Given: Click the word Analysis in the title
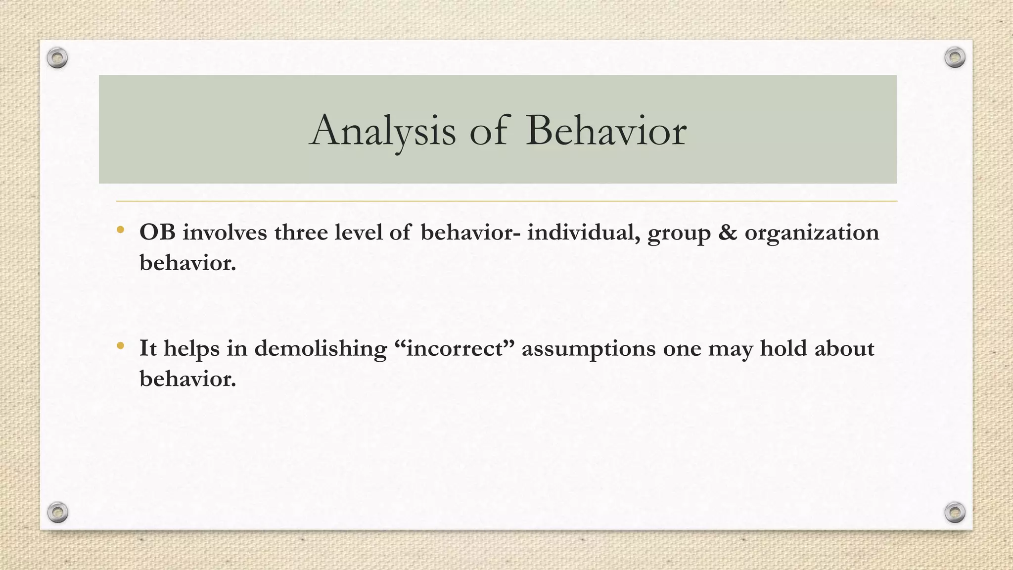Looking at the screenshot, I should [x=382, y=131].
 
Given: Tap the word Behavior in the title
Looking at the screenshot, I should [x=605, y=131].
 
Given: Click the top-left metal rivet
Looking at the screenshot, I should [x=57, y=58].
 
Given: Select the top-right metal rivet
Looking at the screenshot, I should [x=955, y=57].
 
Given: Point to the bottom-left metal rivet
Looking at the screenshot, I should [x=57, y=513].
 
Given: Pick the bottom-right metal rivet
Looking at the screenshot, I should [x=955, y=512].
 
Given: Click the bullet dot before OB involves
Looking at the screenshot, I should [x=120, y=230].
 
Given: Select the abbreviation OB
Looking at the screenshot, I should [x=157, y=232].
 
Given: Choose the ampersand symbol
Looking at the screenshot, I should [x=727, y=232].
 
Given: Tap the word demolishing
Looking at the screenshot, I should [x=321, y=348].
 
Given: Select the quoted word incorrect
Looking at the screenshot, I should [x=455, y=348].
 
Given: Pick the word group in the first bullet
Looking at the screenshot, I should [x=679, y=234].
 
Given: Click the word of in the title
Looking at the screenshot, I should [x=488, y=131].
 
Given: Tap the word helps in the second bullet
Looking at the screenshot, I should [x=191, y=349].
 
